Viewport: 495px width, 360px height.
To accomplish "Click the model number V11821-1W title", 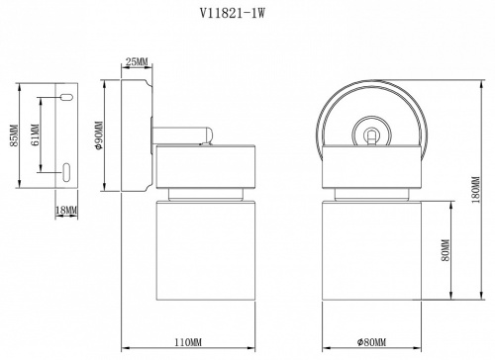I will coord(247,14).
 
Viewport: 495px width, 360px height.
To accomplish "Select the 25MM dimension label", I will coord(137,62).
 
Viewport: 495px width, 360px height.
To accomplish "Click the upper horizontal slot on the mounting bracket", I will coord(65,98).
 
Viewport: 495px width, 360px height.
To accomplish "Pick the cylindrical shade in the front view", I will coord(371,252).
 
